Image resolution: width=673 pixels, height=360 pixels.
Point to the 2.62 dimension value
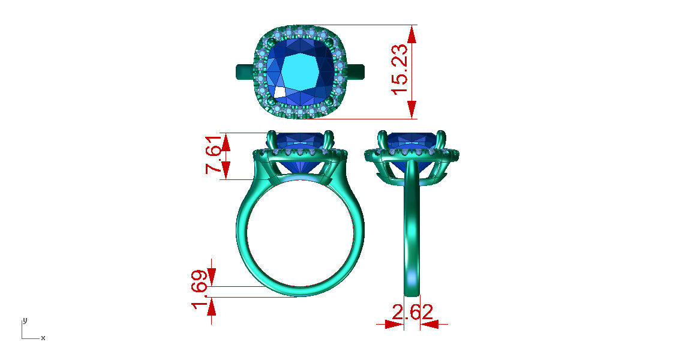pos(412,313)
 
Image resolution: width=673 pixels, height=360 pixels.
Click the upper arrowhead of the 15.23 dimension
pos(411,34)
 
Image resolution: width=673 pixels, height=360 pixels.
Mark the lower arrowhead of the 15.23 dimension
pos(411,110)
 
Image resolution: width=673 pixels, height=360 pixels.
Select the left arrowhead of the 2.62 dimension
pos(393,324)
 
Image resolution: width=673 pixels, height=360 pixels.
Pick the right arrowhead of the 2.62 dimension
pos(430,324)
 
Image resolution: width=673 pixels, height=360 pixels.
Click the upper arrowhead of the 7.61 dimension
pos(226,142)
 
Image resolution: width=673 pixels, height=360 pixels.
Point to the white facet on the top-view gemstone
pos(280,92)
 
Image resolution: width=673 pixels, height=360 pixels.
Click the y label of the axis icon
pos(24,320)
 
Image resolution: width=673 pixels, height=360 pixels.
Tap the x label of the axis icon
pos(43,338)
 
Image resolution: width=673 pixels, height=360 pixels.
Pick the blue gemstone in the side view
pos(411,143)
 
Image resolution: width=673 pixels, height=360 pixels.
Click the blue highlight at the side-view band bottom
pos(411,277)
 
